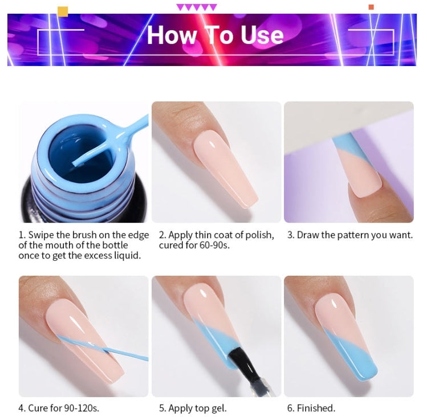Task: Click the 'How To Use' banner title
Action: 215,35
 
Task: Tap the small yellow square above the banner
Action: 63,12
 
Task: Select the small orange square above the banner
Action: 371,7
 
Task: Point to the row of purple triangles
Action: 197,7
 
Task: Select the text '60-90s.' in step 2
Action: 214,246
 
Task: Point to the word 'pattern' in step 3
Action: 354,235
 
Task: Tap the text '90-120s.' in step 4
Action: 82,408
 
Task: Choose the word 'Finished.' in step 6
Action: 316,408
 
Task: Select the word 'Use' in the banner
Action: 262,35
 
